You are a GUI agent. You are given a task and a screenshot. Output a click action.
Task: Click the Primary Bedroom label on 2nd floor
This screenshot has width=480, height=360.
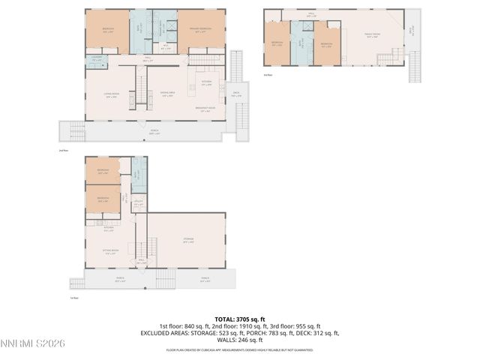tap(199, 30)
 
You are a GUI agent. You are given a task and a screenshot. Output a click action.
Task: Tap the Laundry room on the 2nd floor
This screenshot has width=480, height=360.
tap(96, 60)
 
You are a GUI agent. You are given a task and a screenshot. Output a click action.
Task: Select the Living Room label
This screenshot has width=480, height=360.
tap(110, 94)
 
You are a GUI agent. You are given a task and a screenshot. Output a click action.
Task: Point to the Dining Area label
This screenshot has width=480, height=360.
tap(168, 94)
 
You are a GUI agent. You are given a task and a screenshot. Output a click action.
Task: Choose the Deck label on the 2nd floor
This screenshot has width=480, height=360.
tap(235, 94)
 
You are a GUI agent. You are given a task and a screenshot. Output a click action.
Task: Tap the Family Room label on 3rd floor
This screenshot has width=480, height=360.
tap(372, 36)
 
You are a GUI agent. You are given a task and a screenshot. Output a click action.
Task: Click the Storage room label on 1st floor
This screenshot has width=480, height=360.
tap(188, 241)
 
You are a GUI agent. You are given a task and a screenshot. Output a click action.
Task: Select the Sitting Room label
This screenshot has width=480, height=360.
tap(112, 252)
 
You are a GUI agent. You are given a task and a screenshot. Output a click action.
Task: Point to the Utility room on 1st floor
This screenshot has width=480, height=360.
tap(139, 202)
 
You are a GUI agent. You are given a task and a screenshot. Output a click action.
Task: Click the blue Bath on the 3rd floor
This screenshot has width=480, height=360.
tap(301, 42)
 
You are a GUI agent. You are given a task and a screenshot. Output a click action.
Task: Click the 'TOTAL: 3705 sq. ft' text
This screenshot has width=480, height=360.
tap(240, 319)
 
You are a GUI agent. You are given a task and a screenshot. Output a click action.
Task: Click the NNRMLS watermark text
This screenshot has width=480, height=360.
tap(34, 343)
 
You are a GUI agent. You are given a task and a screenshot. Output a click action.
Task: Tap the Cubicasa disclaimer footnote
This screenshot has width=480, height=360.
tap(240, 349)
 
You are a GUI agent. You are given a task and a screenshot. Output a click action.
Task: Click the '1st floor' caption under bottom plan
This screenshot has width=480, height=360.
tap(74, 298)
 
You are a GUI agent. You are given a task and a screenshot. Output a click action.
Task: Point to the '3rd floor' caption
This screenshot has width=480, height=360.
tap(268, 75)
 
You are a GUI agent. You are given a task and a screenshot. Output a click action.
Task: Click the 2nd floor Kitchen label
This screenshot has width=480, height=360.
tap(205, 83)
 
